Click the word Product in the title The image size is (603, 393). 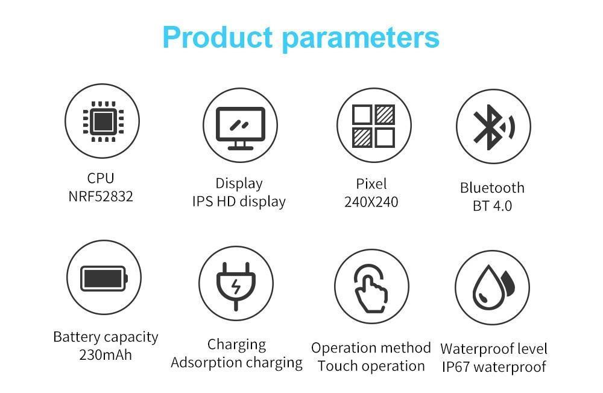coord(218,37)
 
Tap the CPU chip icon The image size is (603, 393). coord(104,121)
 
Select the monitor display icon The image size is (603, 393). coord(241,128)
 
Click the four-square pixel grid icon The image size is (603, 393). coord(373,126)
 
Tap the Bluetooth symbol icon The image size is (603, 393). coord(494,127)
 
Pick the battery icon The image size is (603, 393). coord(104,278)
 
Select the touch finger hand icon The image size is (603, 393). coord(371,288)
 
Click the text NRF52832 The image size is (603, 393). coord(101,196)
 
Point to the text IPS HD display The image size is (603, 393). coord(239,202)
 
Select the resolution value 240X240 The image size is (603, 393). coord(371,202)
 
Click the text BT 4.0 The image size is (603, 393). coord(492,206)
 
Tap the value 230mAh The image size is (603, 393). coord(106,354)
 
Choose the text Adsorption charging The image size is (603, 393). coord(236,363)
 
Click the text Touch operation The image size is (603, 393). coord(371,366)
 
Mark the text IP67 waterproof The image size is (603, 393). coord(494,367)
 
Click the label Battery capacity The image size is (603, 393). coord(106,337)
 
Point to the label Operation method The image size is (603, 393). coord(371,348)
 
